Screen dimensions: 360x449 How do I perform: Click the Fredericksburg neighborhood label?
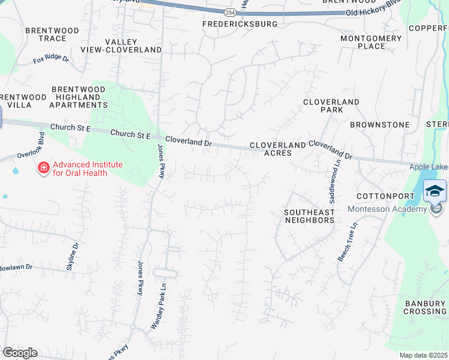point(240,24)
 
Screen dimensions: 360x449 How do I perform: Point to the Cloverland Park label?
point(331,106)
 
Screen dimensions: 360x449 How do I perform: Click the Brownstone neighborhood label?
point(380,125)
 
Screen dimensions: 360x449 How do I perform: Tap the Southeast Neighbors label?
point(309,216)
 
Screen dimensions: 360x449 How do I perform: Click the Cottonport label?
point(385,196)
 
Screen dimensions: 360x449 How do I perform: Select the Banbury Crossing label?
point(424,307)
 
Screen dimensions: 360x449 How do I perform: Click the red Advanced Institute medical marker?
point(43,168)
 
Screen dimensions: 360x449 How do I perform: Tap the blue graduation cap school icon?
point(435,191)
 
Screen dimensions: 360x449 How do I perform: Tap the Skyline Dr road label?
point(73,257)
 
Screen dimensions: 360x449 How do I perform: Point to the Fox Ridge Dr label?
point(51,59)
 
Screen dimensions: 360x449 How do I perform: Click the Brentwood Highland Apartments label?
point(79,97)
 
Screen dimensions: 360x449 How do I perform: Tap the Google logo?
point(20,353)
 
